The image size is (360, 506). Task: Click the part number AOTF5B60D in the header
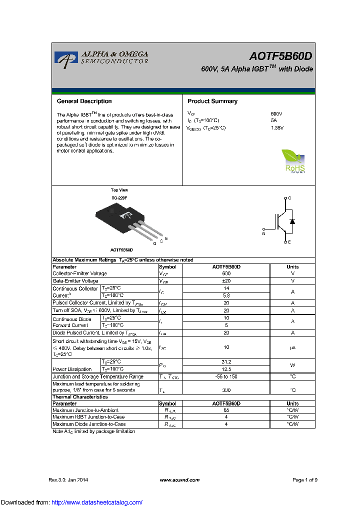point(281,57)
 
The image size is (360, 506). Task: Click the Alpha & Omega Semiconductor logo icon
point(63,58)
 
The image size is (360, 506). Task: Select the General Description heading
point(84,101)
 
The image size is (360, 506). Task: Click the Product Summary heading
point(212,101)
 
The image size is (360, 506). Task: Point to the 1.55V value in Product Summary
point(277,128)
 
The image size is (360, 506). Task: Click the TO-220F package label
point(119,198)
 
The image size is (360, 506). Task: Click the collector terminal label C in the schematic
point(289,198)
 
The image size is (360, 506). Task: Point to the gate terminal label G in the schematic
point(263,233)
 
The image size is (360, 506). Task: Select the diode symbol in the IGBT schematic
point(292,221)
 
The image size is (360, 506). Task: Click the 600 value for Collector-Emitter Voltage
point(226,273)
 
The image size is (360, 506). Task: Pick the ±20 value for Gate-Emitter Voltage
point(226,281)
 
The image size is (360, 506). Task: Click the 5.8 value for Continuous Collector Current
point(226,295)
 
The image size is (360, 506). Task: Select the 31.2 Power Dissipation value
point(226,361)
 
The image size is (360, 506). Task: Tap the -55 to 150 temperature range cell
point(226,376)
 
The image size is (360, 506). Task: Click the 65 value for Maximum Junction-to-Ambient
point(226,410)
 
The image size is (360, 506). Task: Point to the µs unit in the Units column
point(292,347)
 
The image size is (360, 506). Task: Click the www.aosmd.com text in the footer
point(179,480)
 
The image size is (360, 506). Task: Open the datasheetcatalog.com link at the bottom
point(97,502)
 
